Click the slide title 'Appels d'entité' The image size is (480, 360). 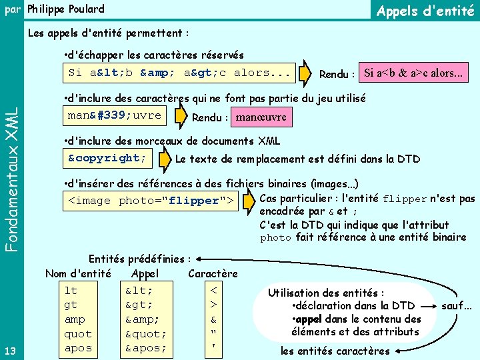[425, 11]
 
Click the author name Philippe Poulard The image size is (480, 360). [65, 9]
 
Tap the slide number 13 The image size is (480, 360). [11, 351]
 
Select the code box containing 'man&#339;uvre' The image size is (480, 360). [114, 115]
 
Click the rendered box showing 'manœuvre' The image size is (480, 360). [261, 117]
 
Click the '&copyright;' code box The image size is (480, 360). [107, 158]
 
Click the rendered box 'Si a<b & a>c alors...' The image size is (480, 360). [413, 73]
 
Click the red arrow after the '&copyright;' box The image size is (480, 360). [163, 159]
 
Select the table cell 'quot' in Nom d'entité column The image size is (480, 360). [78, 334]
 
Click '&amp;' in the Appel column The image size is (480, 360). [142, 319]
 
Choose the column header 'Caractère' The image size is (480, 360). [213, 273]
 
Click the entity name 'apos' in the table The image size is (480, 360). [78, 348]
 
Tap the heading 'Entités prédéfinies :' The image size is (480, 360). [140, 259]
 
